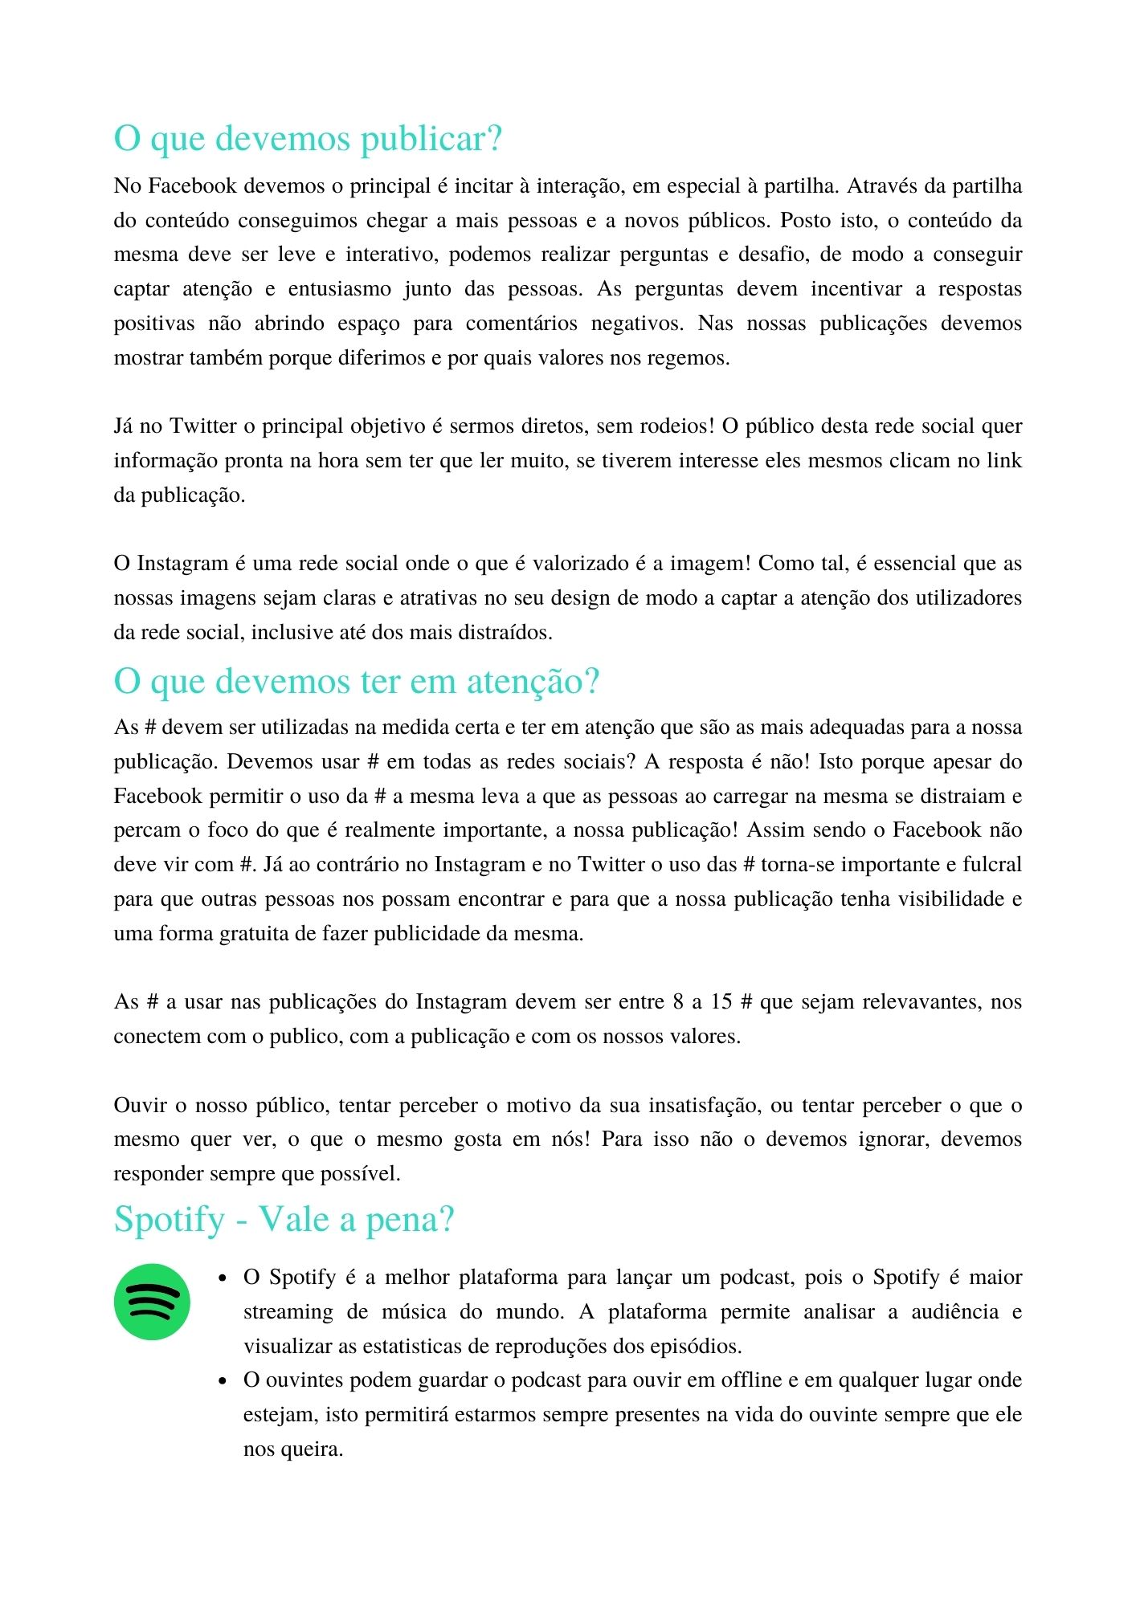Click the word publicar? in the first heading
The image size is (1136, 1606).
(431, 139)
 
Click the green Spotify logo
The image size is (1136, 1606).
(152, 1301)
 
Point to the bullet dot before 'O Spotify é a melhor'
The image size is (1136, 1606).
(224, 1278)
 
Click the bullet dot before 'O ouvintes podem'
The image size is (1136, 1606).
(224, 1381)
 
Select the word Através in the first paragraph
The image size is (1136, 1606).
(881, 186)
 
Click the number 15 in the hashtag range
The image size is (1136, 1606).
(721, 1002)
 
